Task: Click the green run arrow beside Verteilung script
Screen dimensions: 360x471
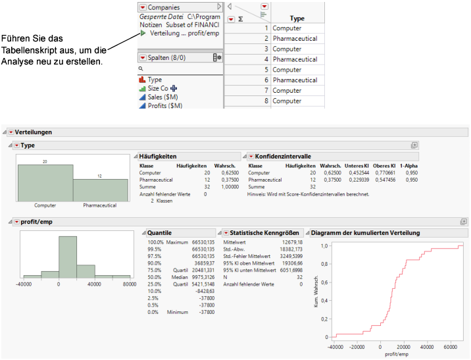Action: tap(143, 33)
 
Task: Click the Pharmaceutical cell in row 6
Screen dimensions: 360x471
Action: tap(295, 80)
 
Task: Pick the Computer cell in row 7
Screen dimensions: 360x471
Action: tap(287, 90)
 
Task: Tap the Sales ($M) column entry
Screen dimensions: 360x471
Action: tap(164, 97)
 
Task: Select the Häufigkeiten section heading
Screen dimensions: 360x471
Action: tap(158, 156)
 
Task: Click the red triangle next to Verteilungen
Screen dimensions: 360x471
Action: tap(11, 132)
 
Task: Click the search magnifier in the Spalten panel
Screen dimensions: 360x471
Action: tap(140, 68)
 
